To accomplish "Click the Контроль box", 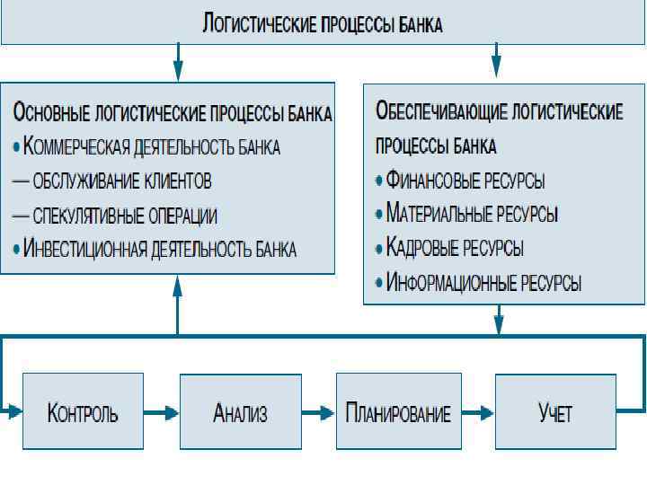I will (x=82, y=412).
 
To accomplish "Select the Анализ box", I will (x=239, y=412).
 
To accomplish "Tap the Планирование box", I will (x=397, y=412).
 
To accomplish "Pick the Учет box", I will (x=554, y=412).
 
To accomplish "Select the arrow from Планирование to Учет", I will (x=475, y=413).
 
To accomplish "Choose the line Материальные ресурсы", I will (x=472, y=215).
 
